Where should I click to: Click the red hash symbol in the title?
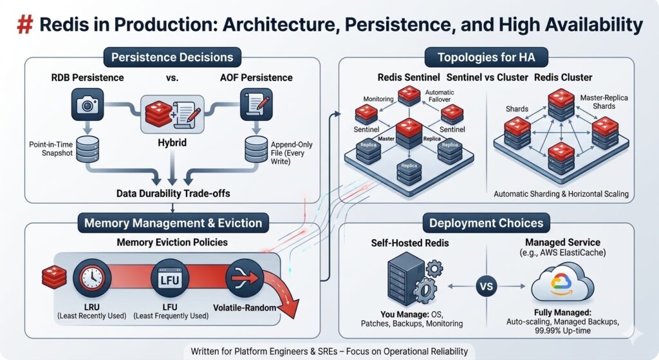coord(24,24)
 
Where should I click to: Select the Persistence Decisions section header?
coord(172,57)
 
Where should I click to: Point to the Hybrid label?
coord(171,142)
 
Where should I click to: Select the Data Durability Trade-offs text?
coord(172,193)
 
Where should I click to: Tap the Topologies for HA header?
coord(486,57)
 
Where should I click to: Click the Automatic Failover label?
coord(440,96)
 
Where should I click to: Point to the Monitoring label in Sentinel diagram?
coord(379,100)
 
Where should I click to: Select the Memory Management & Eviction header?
coord(172,223)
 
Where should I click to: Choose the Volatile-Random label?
coord(245,308)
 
